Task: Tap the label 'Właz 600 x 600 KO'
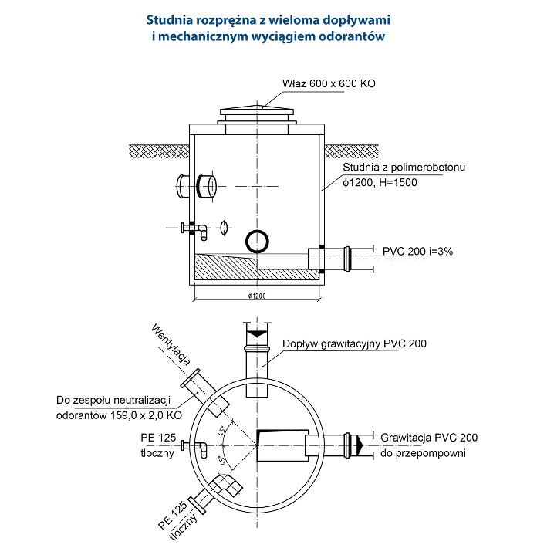329,83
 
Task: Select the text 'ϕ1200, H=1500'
380,183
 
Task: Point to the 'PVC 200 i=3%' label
417,252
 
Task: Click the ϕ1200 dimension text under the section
257,296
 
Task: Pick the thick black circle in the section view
257,241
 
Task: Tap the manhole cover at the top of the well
257,112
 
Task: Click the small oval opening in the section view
223,228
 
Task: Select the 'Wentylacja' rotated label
171,344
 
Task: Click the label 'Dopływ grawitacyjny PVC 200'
354,343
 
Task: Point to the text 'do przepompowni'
423,453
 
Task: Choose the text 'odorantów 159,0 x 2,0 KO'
120,415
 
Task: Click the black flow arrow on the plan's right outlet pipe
360,445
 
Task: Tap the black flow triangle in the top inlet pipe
257,333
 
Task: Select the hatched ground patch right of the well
351,151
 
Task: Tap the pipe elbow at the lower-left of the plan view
226,486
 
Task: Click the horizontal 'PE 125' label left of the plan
158,438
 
